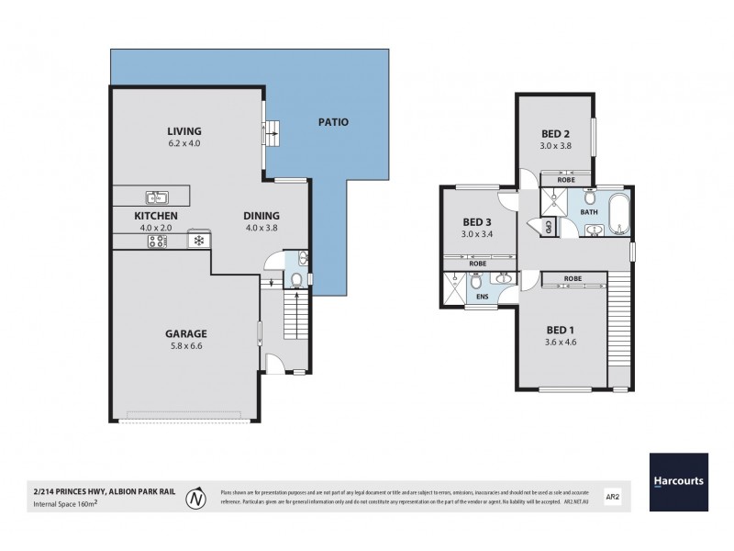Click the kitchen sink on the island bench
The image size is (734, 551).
tap(156, 196)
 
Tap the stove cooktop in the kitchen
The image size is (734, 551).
tap(156, 241)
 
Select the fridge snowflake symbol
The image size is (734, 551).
tap(197, 241)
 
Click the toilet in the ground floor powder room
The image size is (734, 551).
tap(295, 280)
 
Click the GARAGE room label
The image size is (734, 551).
tap(186, 333)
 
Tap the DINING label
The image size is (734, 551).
tap(261, 216)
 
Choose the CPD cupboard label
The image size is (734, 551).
tap(548, 226)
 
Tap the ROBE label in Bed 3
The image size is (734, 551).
tap(477, 264)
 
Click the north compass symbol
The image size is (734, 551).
tap(195, 500)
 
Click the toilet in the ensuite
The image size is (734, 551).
tap(474, 283)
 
